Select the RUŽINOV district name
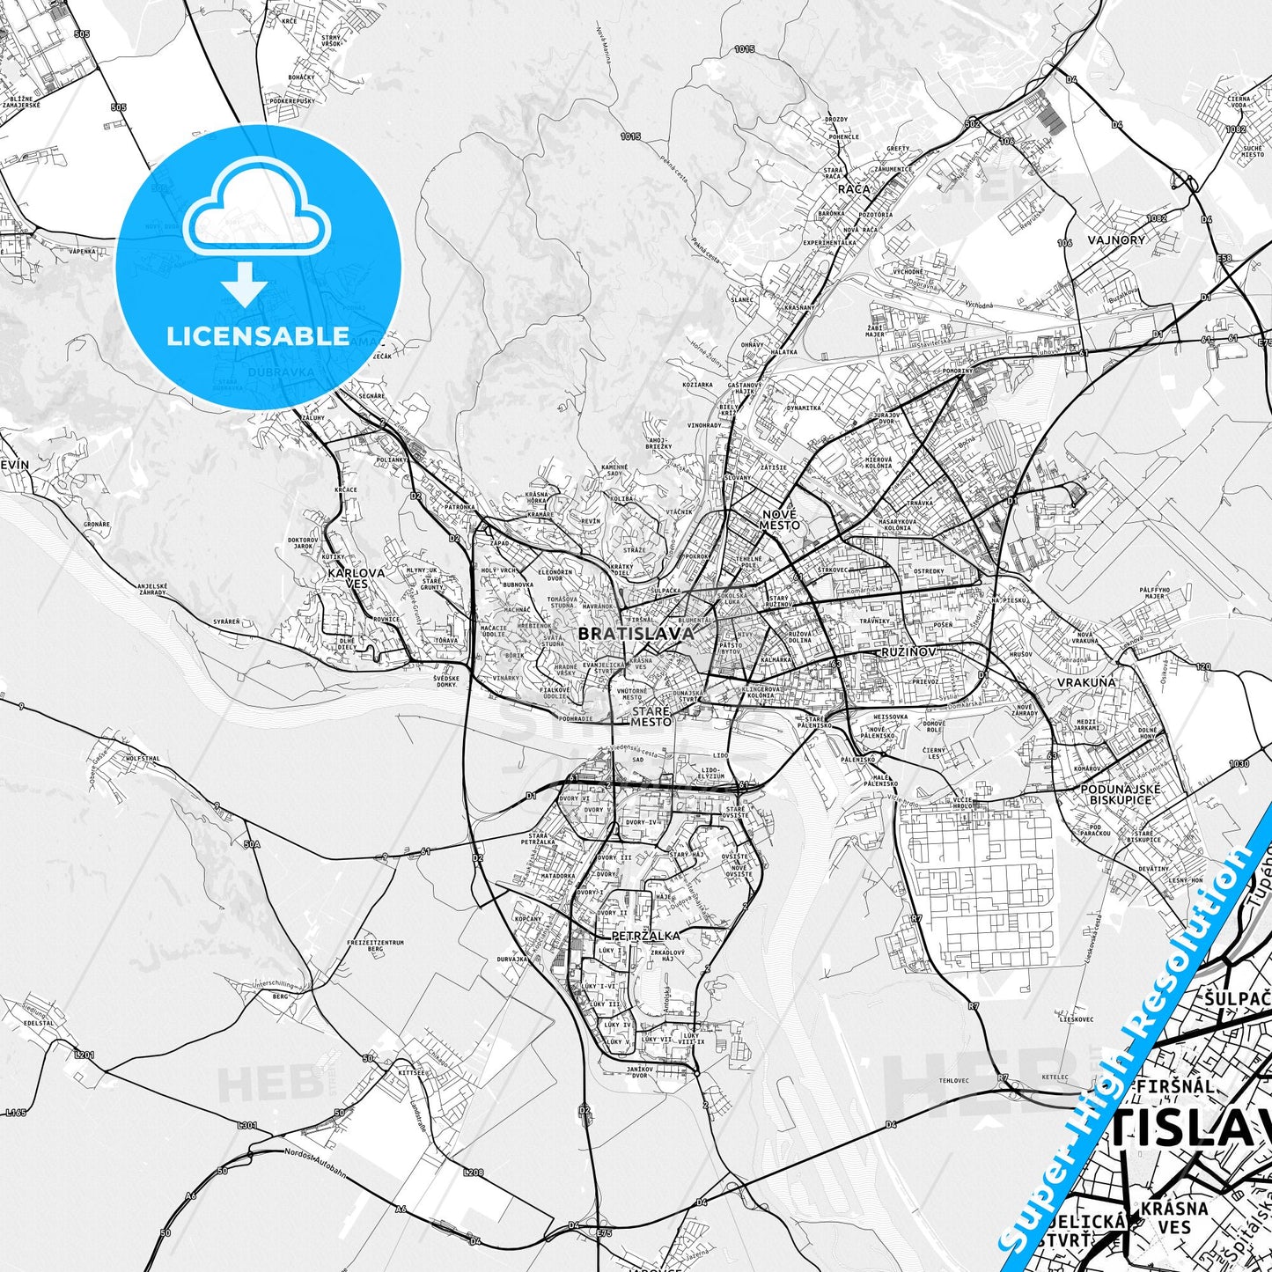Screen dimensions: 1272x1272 [907, 652]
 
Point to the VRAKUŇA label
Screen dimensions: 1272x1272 [1086, 681]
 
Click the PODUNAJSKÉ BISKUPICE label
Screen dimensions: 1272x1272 [1121, 794]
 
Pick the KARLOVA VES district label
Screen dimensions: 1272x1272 [356, 577]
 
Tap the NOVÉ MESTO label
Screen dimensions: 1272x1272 [780, 519]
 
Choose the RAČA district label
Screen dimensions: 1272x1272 [854, 188]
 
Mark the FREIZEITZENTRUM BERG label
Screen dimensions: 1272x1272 [375, 946]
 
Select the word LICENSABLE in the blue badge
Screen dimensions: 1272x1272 [258, 336]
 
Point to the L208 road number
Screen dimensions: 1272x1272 [474, 1173]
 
